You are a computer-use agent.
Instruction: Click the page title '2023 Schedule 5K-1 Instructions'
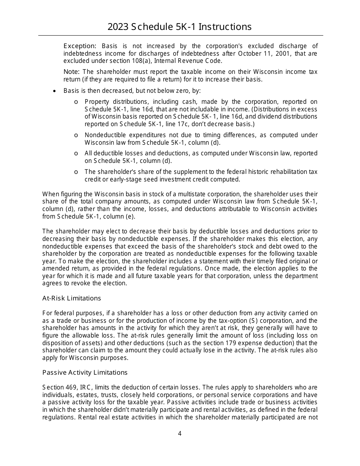[x=180, y=27]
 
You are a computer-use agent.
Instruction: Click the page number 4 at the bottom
[x=180, y=433]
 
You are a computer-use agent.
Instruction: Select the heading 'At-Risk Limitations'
[x=72, y=298]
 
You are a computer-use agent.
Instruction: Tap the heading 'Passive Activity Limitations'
[x=85, y=372]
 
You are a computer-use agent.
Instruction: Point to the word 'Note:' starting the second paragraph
[x=71, y=72]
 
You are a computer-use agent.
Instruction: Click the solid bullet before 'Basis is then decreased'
[x=55, y=91]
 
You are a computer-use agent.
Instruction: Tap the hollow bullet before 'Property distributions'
[x=76, y=102]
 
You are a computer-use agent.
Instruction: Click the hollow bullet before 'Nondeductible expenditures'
[x=76, y=135]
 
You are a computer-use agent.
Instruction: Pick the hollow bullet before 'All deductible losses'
[x=76, y=153]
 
